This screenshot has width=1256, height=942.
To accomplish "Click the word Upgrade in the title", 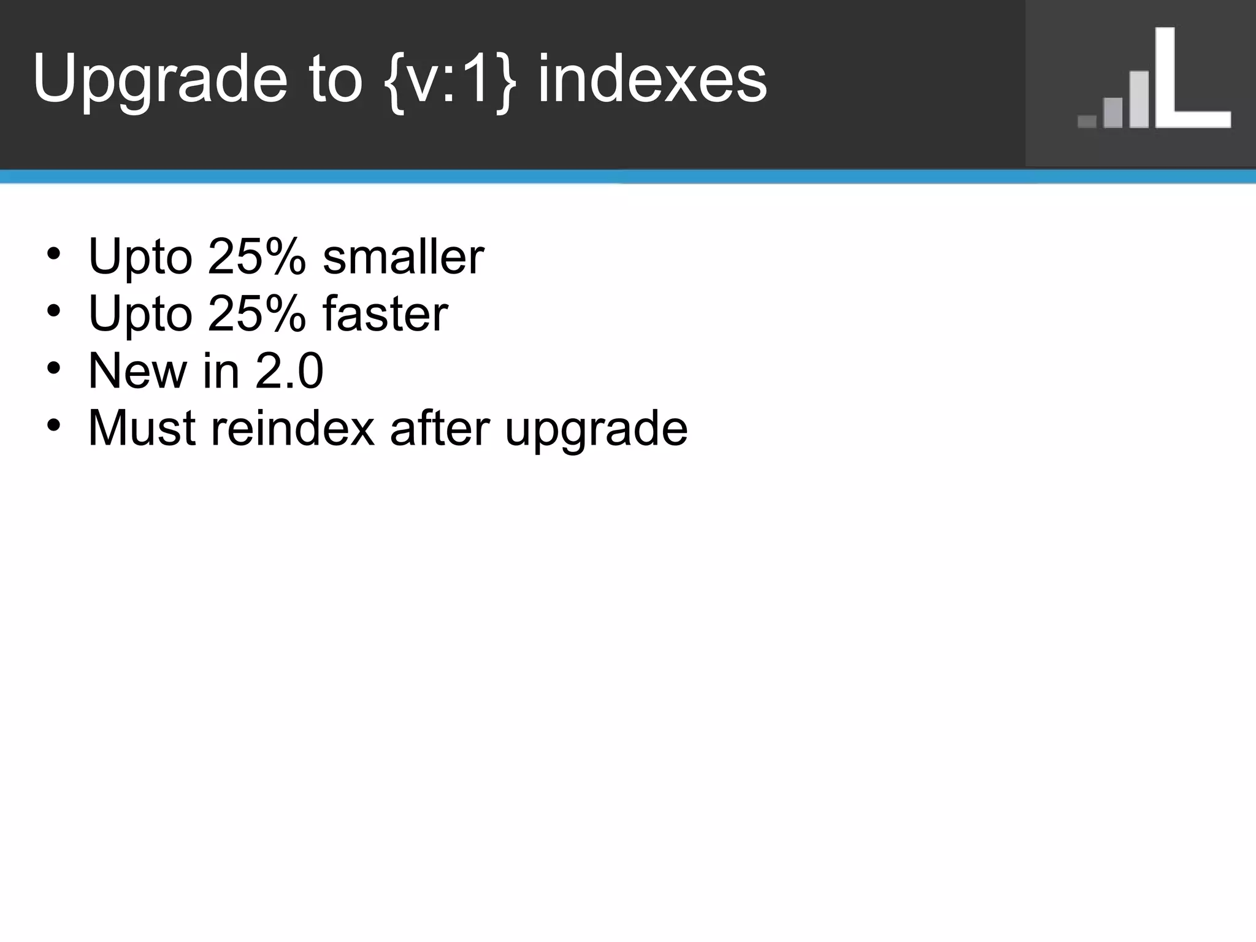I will [x=159, y=80].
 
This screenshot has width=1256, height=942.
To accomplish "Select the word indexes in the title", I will [x=652, y=80].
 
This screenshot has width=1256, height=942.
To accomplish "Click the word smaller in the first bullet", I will [x=404, y=256].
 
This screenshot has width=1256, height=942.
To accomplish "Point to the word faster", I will [x=385, y=313].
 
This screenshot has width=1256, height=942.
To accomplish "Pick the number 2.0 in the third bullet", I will [x=289, y=370].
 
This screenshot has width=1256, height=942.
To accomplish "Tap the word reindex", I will [x=293, y=427].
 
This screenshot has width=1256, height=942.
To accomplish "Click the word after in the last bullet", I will [x=440, y=427].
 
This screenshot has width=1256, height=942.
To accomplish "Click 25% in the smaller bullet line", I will [x=256, y=256].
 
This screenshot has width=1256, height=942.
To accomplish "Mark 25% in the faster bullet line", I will [x=256, y=313].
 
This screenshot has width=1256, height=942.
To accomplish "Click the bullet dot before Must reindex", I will [x=53, y=424].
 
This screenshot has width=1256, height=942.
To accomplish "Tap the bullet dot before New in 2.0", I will [x=53, y=368].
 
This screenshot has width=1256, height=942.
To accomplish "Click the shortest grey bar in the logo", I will [x=1087, y=121].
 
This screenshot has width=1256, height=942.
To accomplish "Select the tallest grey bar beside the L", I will [x=1139, y=99].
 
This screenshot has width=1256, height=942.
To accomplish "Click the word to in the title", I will [x=337, y=80].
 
